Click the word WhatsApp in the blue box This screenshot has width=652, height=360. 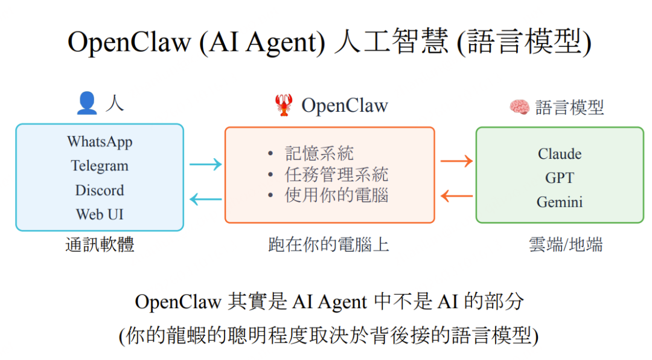pyautogui.click(x=100, y=141)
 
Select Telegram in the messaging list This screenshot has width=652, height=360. pyautogui.click(x=100, y=166)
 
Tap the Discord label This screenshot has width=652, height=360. pyautogui.click(x=100, y=190)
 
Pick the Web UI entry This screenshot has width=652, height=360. pyautogui.click(x=100, y=214)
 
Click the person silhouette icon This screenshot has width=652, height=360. pyautogui.click(x=87, y=104)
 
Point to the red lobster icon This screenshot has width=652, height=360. pyautogui.click(x=283, y=105)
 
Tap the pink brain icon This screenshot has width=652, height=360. pyautogui.click(x=519, y=108)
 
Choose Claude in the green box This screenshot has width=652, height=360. pyautogui.click(x=560, y=153)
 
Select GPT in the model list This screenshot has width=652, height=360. pyautogui.click(x=560, y=178)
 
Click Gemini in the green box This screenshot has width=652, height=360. pyautogui.click(x=560, y=202)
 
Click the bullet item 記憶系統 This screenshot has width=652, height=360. pyautogui.click(x=319, y=153)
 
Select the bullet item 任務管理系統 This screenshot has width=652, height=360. pyautogui.click(x=336, y=175)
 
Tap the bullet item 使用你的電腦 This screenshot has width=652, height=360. pyautogui.click(x=336, y=195)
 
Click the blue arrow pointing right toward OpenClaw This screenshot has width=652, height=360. pyautogui.click(x=205, y=164)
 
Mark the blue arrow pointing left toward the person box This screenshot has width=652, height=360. pyautogui.click(x=205, y=198)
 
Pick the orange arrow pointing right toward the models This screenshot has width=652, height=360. pyautogui.click(x=456, y=161)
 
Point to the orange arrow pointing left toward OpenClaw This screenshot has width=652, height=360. pyautogui.click(x=456, y=195)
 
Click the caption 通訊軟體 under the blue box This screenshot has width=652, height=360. pyautogui.click(x=100, y=245)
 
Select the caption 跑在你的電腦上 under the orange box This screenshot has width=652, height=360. pyautogui.click(x=329, y=245)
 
